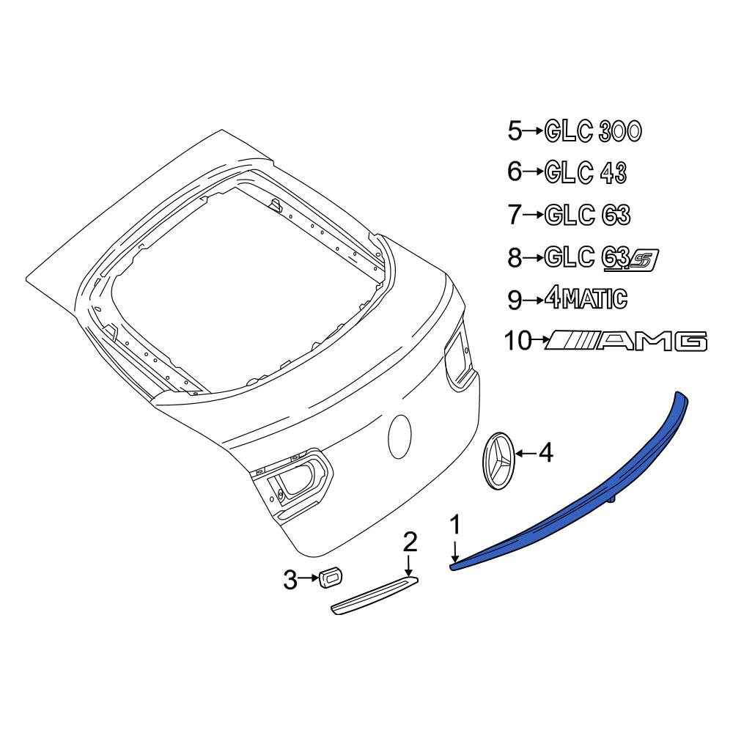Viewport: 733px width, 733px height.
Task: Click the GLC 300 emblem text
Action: (593, 131)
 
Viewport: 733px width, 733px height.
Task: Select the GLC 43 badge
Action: (586, 172)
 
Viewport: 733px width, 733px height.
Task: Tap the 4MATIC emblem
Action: (586, 298)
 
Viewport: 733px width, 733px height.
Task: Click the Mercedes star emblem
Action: (498, 460)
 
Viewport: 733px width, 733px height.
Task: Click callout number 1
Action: (455, 525)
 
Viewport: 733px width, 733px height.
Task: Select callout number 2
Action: (410, 542)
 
